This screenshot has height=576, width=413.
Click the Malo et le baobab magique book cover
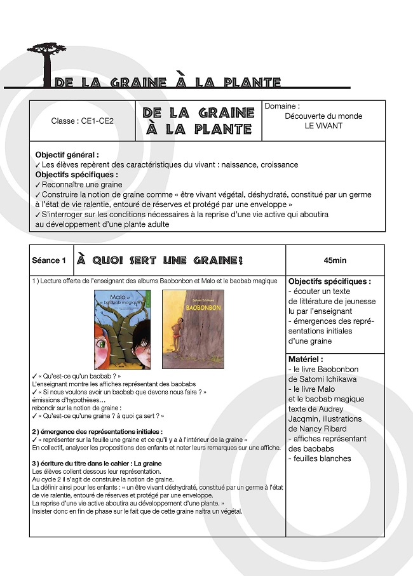[123, 330]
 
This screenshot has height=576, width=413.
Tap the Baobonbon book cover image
[193, 330]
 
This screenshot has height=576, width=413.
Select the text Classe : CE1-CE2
[83, 121]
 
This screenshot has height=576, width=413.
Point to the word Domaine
[281, 106]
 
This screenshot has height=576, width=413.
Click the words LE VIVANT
[323, 126]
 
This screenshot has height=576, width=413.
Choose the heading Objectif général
[67, 154]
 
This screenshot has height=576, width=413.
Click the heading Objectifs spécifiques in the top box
[76, 175]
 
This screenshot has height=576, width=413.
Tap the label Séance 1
[49, 260]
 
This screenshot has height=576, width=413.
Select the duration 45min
[335, 260]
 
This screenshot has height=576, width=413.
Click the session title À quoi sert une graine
[159, 261]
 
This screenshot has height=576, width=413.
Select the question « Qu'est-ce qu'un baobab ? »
[79, 376]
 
